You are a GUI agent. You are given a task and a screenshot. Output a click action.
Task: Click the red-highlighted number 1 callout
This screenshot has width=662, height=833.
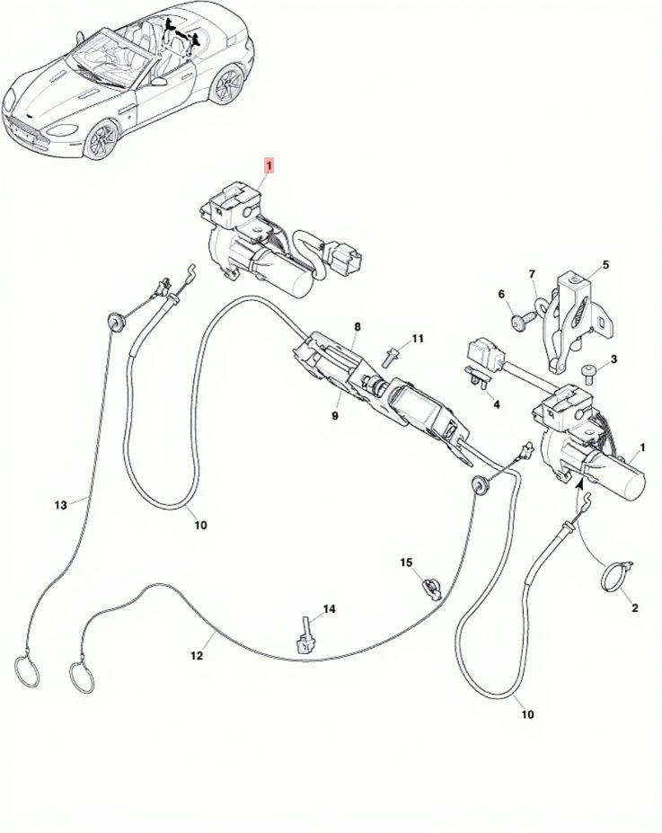pos(269,165)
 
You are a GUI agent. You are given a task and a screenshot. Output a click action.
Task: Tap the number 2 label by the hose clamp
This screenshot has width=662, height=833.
pos(634,607)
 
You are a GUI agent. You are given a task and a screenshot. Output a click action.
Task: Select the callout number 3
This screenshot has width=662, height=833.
pos(613,359)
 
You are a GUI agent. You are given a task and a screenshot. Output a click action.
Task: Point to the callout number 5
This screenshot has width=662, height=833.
pos(605,264)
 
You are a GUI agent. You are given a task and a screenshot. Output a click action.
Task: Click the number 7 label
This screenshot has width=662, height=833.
pos(532,274)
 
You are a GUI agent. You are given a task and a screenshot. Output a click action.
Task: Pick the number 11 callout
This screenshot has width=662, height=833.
pos(418,339)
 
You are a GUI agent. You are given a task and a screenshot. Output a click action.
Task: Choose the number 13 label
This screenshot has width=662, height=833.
pos(61,505)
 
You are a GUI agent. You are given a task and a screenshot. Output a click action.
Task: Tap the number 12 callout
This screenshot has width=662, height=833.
pos(197,656)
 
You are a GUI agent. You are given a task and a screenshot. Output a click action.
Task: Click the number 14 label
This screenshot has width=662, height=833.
pos(329,609)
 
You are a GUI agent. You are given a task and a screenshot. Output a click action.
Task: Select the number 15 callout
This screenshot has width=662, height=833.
pos(406,562)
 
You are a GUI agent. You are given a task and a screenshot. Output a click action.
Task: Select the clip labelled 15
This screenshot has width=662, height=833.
pos(430,588)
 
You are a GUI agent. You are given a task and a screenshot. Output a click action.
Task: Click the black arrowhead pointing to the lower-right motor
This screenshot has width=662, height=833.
pos(579,483)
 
